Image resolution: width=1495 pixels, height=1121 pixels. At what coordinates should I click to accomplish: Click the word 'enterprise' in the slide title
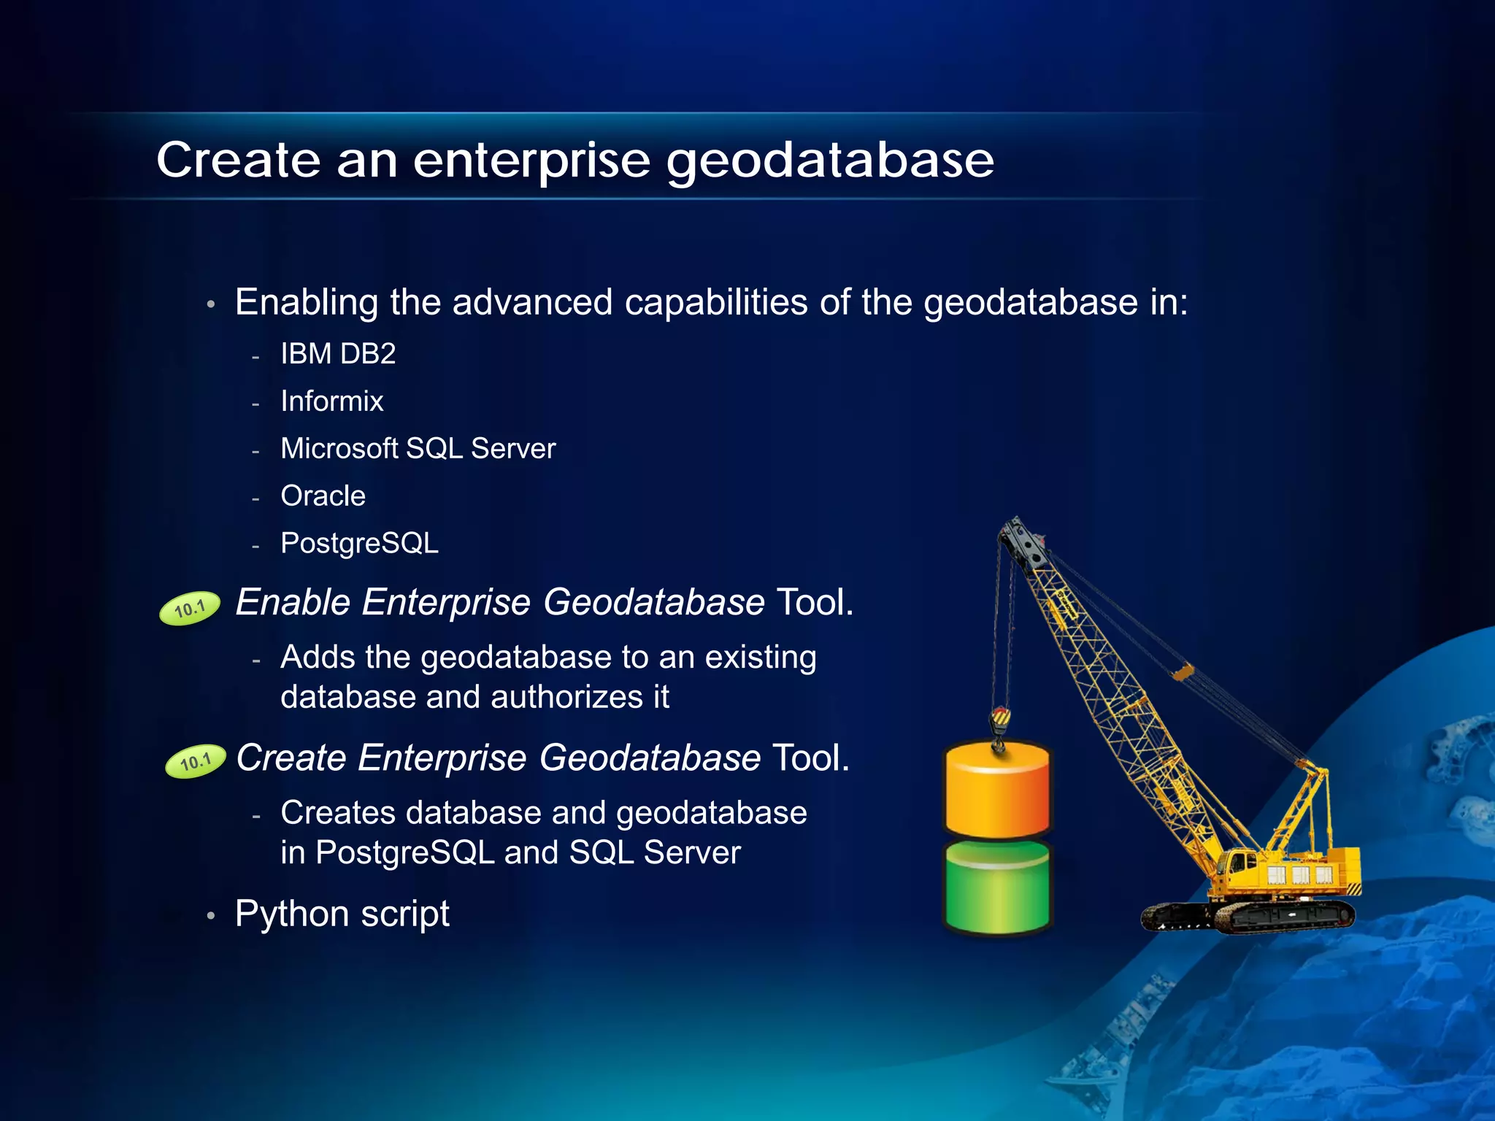pos(531,161)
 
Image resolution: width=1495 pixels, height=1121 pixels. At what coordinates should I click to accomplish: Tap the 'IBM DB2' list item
pos(338,355)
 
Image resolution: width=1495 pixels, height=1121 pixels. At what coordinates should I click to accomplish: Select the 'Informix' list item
pos(332,402)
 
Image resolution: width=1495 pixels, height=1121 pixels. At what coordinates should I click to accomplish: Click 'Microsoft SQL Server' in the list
pos(418,449)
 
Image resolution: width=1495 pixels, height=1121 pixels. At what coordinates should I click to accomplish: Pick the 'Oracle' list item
pos(323,496)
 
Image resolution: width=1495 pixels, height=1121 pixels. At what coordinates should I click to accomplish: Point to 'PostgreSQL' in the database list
pos(359,544)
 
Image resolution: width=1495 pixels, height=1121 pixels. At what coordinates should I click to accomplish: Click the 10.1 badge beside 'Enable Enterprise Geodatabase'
pos(190,608)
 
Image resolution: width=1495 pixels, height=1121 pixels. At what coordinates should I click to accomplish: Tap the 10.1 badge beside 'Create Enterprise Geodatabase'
pos(195,763)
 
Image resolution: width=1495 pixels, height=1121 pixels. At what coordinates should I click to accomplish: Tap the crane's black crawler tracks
pos(1248,916)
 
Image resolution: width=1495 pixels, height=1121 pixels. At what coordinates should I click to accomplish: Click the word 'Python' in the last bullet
pos(292,914)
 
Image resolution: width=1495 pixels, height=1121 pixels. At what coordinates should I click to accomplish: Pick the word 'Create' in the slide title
pos(238,161)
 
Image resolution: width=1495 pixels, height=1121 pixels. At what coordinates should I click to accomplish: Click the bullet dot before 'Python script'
pos(210,916)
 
